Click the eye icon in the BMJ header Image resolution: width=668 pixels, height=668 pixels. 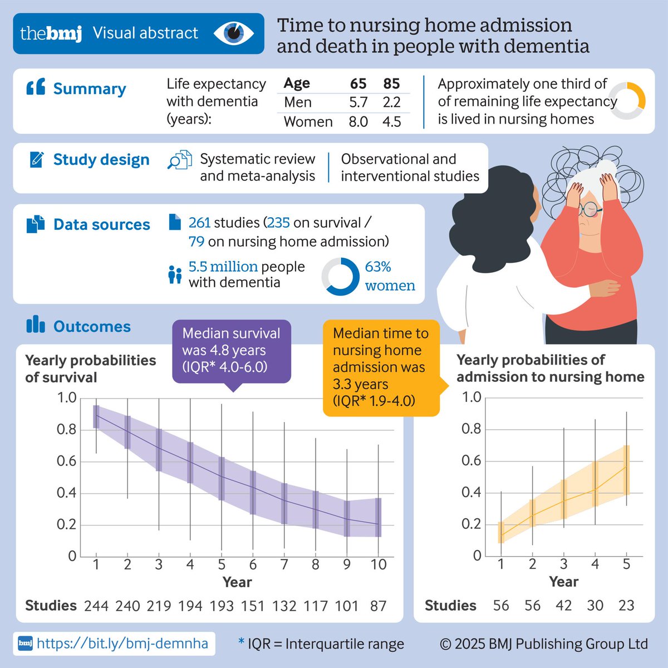pos(234,33)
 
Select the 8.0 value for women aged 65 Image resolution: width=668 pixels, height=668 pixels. pos(358,121)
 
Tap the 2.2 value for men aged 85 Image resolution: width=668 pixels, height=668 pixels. pos(391,102)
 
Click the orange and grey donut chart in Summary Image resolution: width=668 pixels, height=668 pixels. pos(627,101)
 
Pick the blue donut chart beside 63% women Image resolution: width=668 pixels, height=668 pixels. pos(341,277)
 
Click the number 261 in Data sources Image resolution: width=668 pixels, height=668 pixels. pos(199,223)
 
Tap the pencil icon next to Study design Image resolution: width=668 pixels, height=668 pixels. pos(37,160)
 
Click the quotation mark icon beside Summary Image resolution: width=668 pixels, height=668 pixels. pos(36,88)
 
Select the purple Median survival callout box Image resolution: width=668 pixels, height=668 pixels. pos(232,351)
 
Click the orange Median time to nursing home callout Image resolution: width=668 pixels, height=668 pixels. pos(381,367)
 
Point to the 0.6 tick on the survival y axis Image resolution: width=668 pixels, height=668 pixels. pos(67,461)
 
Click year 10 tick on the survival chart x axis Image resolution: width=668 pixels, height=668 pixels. pos(379,564)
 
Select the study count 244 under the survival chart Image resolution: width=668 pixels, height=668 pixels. pos(96,606)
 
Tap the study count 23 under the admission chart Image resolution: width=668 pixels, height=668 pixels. pos(626,606)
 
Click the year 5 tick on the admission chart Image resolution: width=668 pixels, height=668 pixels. pos(626,564)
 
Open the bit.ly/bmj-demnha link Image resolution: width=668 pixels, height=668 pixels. pos(122,644)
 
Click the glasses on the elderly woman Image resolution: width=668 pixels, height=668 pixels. pos(589,210)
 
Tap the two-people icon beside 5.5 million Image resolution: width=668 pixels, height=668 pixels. pos(175,274)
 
